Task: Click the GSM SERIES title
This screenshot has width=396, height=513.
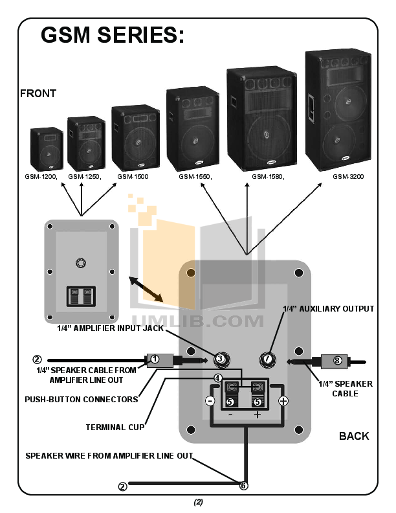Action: [x=113, y=35]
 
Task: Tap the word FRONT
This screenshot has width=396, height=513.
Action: [x=38, y=93]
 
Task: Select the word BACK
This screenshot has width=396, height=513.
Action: [x=354, y=436]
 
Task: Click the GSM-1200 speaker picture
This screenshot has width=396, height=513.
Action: [x=46, y=148]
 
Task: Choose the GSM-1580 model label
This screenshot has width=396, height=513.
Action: [x=268, y=176]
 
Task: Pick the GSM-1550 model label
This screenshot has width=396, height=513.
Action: [x=195, y=176]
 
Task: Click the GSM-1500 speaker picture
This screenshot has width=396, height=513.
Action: [x=135, y=138]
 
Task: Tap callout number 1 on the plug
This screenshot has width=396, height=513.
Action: [x=155, y=358]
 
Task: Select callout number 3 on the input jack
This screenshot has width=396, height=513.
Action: [x=220, y=358]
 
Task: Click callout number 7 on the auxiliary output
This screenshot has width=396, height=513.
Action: [x=267, y=358]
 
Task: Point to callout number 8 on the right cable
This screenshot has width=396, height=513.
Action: [x=336, y=360]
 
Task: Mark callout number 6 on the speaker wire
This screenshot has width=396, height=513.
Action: [x=243, y=485]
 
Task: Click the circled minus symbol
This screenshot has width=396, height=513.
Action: [x=210, y=401]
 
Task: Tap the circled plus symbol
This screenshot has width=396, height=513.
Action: [x=283, y=401]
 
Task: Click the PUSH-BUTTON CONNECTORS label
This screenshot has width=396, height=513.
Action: [x=82, y=400]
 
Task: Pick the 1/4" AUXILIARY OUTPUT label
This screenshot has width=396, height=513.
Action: [x=329, y=309]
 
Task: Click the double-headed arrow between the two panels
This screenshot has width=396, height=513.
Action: [x=146, y=288]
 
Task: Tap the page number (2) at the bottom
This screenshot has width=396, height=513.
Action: [x=198, y=503]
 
